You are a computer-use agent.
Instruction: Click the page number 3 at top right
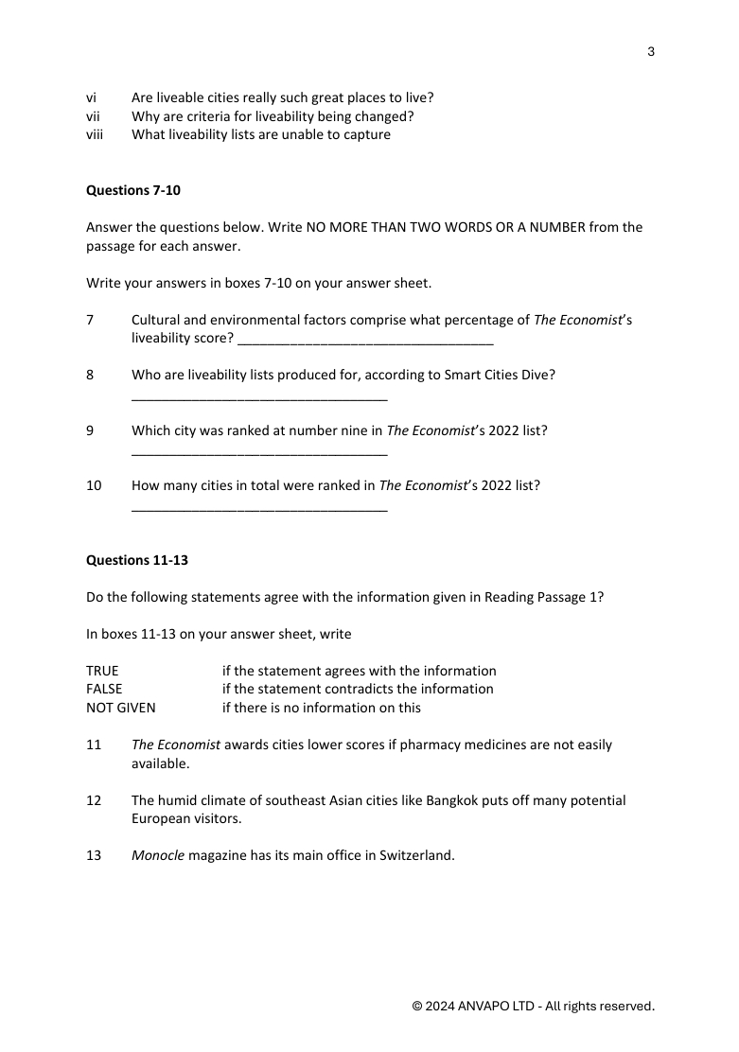click(x=651, y=51)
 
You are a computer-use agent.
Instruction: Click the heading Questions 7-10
click(x=133, y=190)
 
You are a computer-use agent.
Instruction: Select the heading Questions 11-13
click(x=137, y=560)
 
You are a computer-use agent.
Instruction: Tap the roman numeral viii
click(x=94, y=134)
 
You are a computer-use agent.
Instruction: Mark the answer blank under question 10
click(x=259, y=509)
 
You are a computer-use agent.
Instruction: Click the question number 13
click(x=94, y=856)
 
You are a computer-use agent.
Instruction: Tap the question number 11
click(x=94, y=745)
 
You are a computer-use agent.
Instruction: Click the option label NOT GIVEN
click(x=121, y=708)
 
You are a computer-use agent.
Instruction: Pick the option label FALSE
click(x=104, y=689)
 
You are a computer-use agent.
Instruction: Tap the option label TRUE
click(x=102, y=671)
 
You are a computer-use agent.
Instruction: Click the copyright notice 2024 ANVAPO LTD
click(x=533, y=1006)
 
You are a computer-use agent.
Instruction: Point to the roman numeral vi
click(x=92, y=97)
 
